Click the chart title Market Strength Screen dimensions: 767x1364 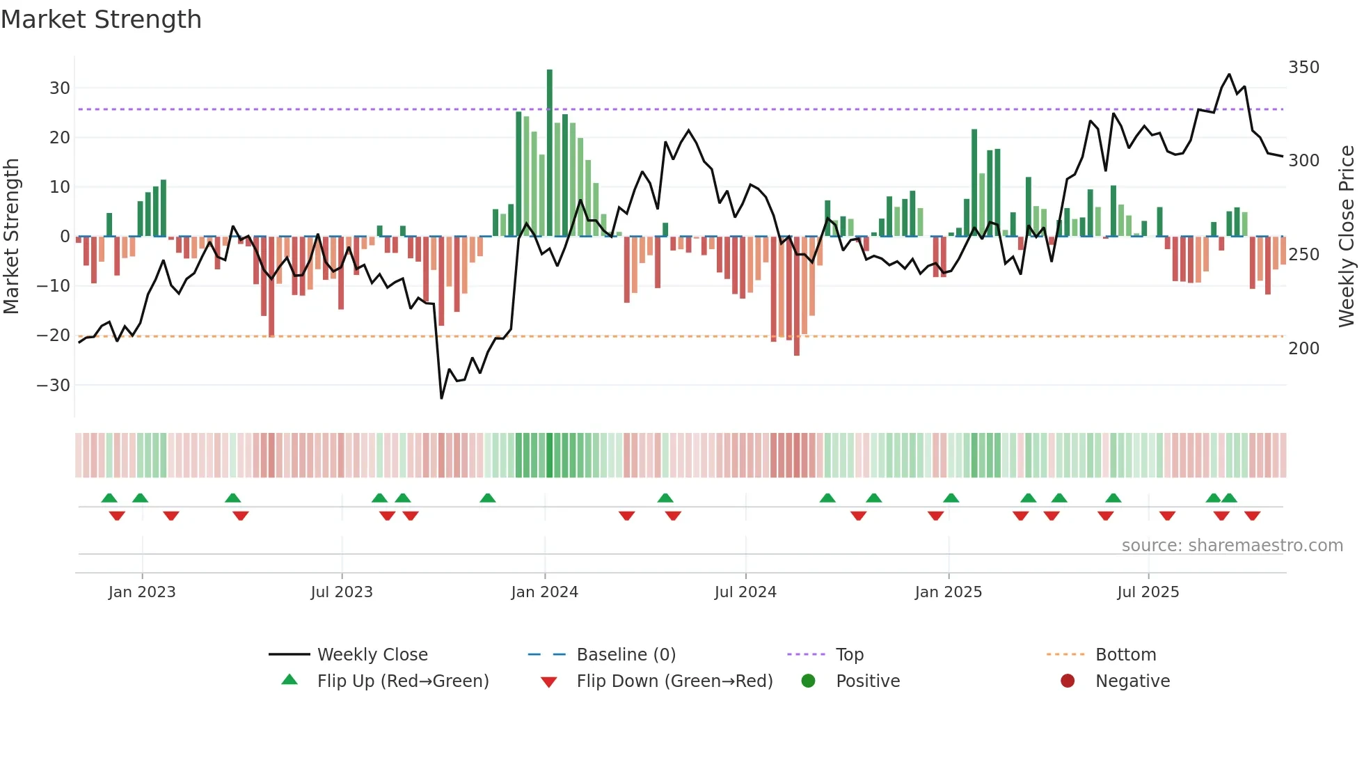point(101,19)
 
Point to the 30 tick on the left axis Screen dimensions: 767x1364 point(60,88)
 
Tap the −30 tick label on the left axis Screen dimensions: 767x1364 point(54,386)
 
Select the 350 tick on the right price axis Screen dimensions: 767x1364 point(1303,68)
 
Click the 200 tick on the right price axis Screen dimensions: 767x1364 point(1303,349)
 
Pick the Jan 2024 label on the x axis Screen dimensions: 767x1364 point(544,592)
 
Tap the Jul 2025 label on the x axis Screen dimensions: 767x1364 point(1148,592)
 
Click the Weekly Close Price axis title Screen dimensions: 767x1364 point(1347,237)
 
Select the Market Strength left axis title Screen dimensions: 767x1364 point(11,237)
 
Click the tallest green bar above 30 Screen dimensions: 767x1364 point(549,153)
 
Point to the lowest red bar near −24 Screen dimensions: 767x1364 point(796,296)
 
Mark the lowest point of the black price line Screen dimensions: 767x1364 point(441,398)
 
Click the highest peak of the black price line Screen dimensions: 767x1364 point(1229,74)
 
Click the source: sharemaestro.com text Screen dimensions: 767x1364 point(1232,546)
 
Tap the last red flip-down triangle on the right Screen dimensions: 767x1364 point(1252,516)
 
